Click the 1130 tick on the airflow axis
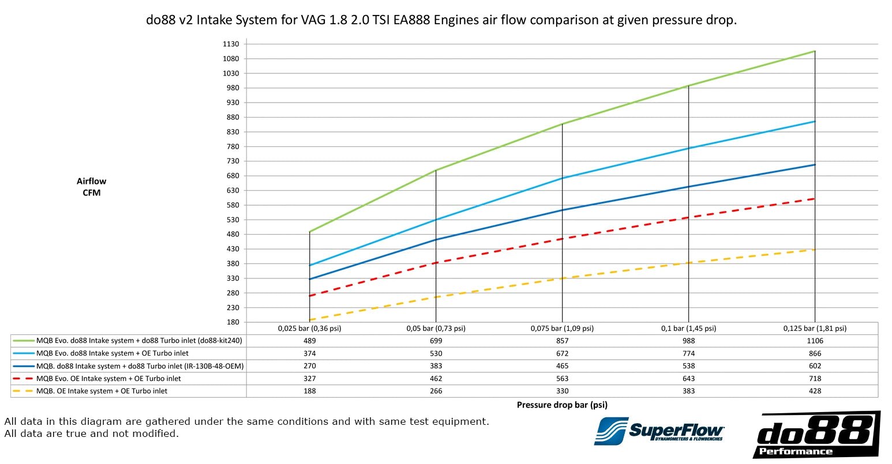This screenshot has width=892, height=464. tap(231, 44)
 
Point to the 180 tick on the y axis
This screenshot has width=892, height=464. tap(233, 322)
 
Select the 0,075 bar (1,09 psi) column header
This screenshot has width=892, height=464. tap(562, 329)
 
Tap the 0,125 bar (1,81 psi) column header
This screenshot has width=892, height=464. tap(815, 329)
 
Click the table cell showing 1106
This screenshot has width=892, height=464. tap(815, 341)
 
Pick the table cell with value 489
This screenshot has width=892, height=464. tap(310, 341)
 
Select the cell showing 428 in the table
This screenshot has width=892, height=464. tap(815, 391)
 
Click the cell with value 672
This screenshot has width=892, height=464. tap(562, 353)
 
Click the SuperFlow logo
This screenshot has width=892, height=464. tap(659, 431)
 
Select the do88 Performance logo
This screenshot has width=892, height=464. tap(816, 435)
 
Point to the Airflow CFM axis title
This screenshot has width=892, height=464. tap(91, 187)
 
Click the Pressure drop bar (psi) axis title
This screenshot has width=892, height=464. tap(562, 405)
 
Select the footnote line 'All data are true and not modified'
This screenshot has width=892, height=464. tap(91, 433)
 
